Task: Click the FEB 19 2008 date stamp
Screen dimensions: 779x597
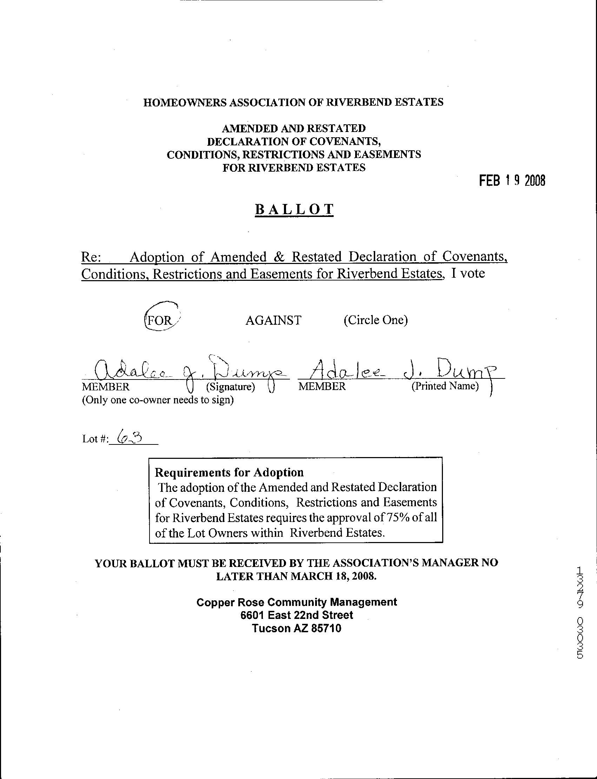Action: pos(512,181)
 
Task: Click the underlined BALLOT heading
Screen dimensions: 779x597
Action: pos(294,209)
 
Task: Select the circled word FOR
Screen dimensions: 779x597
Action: pos(160,321)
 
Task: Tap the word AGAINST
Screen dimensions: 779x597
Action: pos(273,320)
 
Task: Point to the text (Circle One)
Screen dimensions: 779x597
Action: pos(376,320)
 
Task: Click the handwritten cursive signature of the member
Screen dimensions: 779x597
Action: pos(188,370)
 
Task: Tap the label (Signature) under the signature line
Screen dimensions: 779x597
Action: pos(231,386)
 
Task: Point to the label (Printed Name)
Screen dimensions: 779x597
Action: pos(445,385)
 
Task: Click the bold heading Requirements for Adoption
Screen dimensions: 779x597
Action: pos(229,472)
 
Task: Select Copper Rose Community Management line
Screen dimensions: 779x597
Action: pos(297,602)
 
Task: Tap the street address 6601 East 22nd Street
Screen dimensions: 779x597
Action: pos(297,615)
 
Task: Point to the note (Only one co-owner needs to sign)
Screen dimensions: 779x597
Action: pos(158,400)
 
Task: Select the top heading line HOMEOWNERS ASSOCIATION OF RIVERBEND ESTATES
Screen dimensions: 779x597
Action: pos(293,103)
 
